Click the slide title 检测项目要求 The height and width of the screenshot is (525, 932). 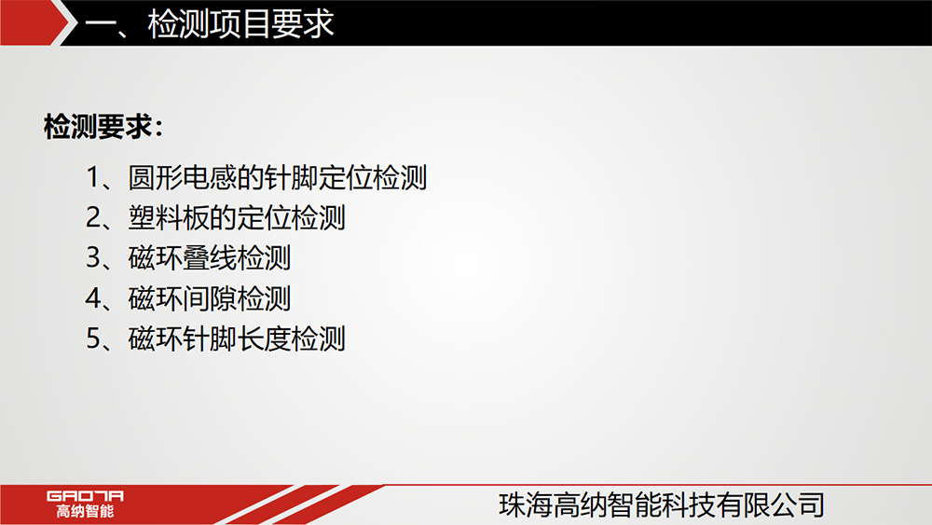click(x=240, y=24)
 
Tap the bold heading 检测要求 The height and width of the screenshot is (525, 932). click(x=98, y=126)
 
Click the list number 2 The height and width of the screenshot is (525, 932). click(x=93, y=217)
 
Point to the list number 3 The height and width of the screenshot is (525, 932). click(x=93, y=258)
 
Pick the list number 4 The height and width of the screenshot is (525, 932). click(x=93, y=298)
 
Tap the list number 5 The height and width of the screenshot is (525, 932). click(x=93, y=338)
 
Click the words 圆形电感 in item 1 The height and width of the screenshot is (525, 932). click(x=183, y=177)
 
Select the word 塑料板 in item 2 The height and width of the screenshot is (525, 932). click(x=169, y=217)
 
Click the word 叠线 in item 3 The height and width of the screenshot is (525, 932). click(x=209, y=258)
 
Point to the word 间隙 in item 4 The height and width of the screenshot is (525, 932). click(x=209, y=298)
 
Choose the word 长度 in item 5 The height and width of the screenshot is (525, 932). click(x=264, y=338)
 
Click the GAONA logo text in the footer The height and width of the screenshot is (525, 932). click(x=85, y=496)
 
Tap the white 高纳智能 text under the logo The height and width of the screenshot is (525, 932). click(x=85, y=511)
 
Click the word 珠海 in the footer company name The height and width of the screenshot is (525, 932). click(x=526, y=504)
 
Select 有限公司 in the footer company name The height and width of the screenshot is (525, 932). click(x=771, y=504)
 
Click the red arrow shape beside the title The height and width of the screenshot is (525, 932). click(x=34, y=22)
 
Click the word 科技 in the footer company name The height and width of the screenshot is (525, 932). click(x=689, y=504)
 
